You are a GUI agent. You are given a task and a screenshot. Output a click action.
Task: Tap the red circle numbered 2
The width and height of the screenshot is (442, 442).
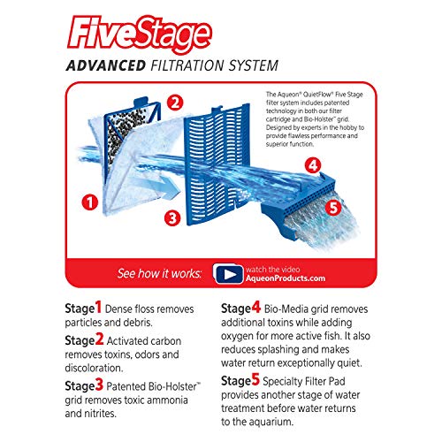coord(175,102)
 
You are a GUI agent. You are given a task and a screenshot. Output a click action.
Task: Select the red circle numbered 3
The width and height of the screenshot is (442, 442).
coord(173,217)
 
